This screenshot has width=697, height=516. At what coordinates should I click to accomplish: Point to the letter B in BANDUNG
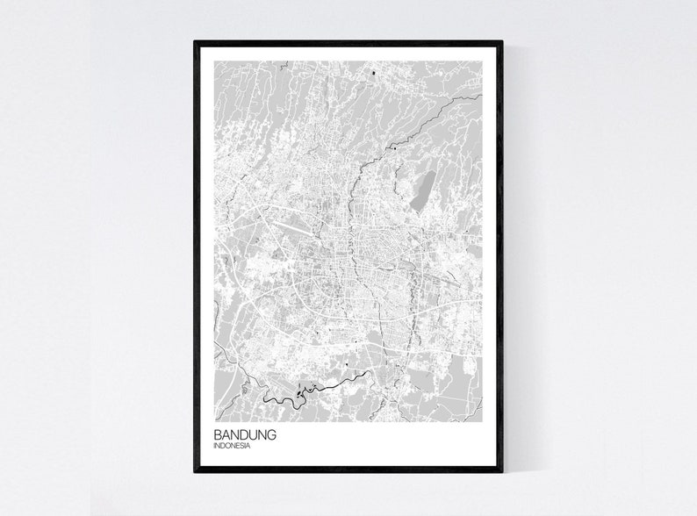(217, 434)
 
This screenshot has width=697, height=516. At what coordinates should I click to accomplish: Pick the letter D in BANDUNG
(237, 434)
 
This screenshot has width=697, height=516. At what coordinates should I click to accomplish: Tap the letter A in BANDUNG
(223, 434)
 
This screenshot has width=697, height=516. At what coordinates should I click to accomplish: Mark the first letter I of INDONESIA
(213, 446)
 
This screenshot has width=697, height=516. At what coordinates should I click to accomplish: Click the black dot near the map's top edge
(374, 72)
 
